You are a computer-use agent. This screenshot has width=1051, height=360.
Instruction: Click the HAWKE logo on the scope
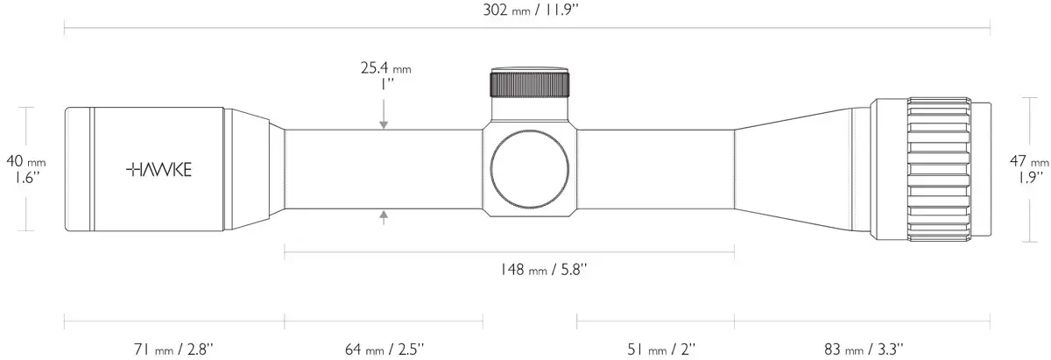(x=159, y=169)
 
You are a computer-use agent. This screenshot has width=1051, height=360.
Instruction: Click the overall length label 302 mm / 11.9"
(x=531, y=10)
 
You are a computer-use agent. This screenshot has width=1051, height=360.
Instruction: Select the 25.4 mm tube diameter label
(x=385, y=68)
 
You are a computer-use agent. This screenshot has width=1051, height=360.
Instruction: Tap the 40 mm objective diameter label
(x=25, y=161)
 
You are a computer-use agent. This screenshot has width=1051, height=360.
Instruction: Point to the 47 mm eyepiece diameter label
(x=1029, y=161)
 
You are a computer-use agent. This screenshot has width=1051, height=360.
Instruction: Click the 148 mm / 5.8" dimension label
(x=543, y=270)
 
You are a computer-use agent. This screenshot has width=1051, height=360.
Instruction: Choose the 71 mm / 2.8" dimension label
(x=173, y=349)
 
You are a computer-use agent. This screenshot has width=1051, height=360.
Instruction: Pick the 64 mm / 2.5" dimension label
(x=384, y=349)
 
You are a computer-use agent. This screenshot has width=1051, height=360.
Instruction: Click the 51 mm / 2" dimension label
(x=661, y=349)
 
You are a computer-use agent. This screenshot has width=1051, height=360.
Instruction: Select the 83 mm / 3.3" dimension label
(x=864, y=349)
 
